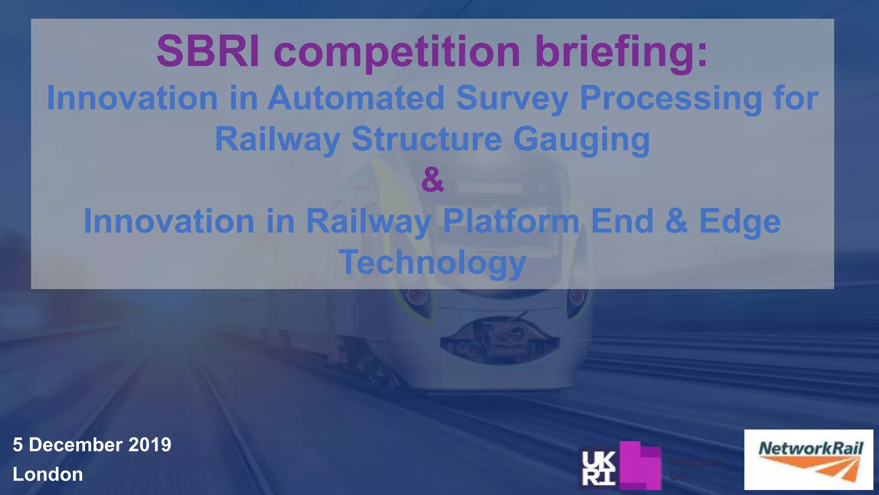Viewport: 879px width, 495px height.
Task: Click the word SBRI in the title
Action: [x=208, y=52]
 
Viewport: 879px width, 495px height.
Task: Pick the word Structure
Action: [x=427, y=139]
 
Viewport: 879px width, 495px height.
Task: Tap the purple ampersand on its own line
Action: [x=432, y=180]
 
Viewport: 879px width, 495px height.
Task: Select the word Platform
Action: [x=511, y=221]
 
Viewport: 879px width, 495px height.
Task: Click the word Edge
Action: [x=740, y=222]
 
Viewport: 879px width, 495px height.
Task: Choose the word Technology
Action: [x=432, y=262]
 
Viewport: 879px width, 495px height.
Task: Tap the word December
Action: [x=75, y=445]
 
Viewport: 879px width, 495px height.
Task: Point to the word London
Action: [x=48, y=474]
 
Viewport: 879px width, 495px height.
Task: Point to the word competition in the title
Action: [x=397, y=52]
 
